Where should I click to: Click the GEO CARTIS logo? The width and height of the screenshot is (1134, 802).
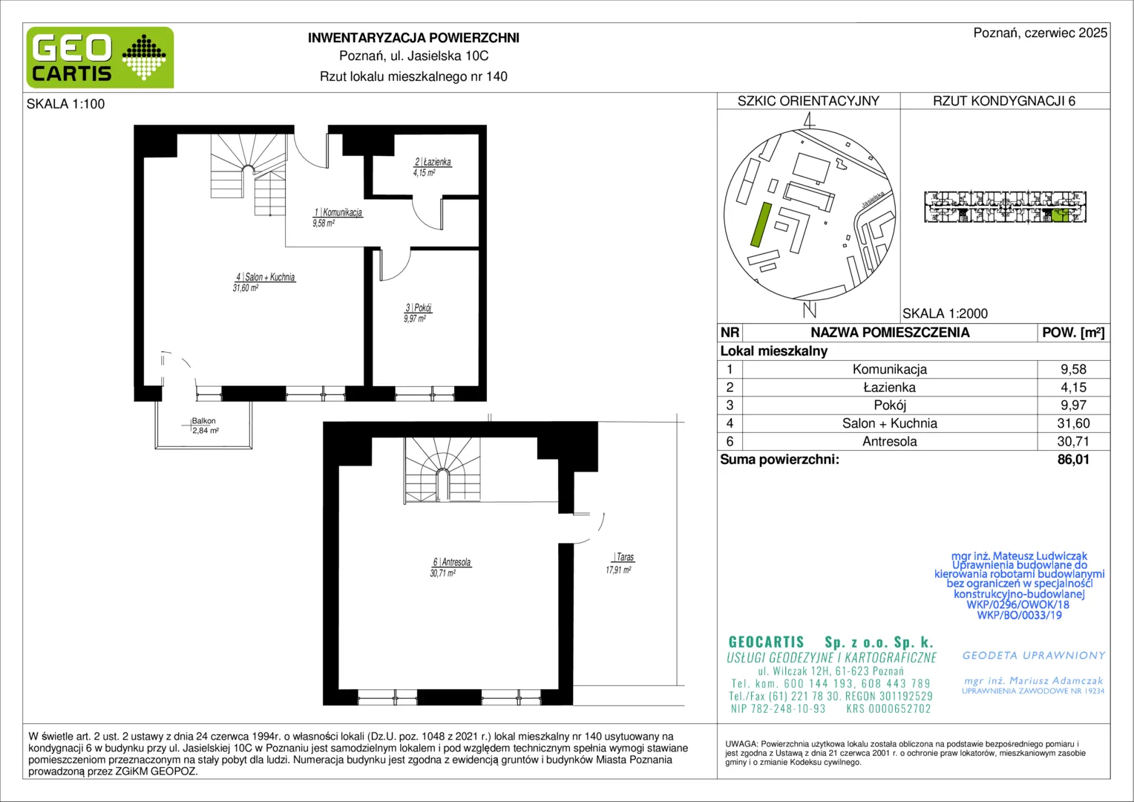pos(100,57)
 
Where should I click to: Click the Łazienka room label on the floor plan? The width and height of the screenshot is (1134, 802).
pos(433,162)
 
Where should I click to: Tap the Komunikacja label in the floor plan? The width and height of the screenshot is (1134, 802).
pos(338,212)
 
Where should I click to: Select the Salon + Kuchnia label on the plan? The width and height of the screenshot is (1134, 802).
pos(265,277)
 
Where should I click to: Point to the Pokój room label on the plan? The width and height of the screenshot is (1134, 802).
pos(419,307)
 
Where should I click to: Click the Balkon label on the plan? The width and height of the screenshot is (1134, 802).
pos(203,421)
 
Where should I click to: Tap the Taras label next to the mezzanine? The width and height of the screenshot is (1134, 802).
pos(623,557)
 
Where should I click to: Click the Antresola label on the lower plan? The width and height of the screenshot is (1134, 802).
pos(452,562)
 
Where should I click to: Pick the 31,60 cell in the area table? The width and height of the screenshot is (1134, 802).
pos(1073,423)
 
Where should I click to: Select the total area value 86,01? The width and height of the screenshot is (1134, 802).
pos(1073,460)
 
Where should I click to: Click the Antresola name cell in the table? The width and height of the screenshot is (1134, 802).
pos(890,441)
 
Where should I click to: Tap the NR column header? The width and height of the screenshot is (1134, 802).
pos(730,333)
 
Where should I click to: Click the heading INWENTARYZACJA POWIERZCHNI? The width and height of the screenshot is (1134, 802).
pos(413,38)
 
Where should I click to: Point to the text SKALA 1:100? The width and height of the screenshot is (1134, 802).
pos(66,104)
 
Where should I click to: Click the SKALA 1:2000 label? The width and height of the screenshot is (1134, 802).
pos(945,313)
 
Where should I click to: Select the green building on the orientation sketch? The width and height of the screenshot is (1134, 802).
pos(761,224)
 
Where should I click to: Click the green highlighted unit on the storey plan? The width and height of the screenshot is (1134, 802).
pos(1060,215)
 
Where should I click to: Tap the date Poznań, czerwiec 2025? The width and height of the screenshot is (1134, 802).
pos(1040,33)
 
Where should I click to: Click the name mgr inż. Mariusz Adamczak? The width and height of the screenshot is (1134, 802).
pos(1033,681)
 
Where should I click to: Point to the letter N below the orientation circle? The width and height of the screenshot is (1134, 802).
pos(810,310)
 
